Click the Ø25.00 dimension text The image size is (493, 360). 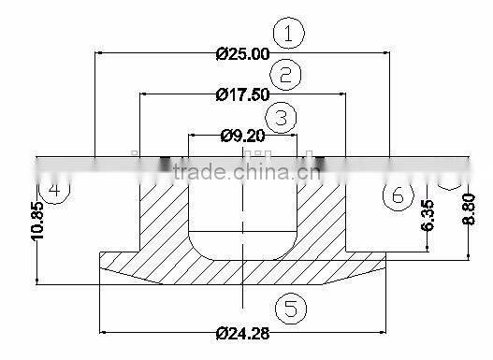(x=242, y=54)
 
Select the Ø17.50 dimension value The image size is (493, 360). (x=242, y=94)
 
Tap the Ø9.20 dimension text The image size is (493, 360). (x=242, y=136)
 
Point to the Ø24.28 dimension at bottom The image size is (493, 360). (x=242, y=333)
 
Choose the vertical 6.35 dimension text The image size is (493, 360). (x=428, y=216)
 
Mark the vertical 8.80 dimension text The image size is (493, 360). (x=470, y=208)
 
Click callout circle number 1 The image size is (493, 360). (x=289, y=35)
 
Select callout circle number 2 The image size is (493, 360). (x=285, y=75)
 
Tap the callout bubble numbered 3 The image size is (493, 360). (x=281, y=117)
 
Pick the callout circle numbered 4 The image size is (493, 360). (x=55, y=190)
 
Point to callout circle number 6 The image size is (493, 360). (x=398, y=194)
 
